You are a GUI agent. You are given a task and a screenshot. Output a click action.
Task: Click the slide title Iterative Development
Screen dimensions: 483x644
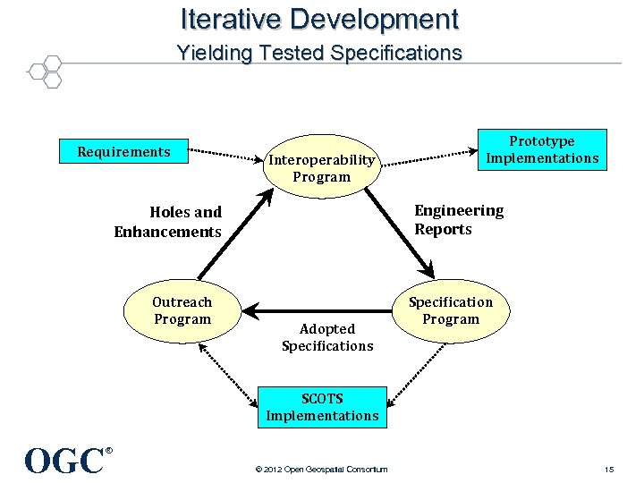pos(319,19)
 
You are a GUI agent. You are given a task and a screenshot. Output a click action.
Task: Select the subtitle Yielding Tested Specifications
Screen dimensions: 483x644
pos(319,53)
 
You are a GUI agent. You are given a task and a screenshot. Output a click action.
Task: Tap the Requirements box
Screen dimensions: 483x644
pos(123,152)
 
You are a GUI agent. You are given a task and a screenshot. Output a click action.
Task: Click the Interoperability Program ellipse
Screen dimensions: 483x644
pos(321,168)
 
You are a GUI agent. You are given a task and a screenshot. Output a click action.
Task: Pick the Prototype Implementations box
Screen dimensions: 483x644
pos(541,149)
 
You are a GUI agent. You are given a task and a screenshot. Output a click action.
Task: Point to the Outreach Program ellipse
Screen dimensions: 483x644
pos(182,311)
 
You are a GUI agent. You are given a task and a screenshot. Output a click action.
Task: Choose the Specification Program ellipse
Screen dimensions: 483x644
pos(450,311)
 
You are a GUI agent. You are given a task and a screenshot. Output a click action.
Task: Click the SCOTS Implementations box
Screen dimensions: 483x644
pos(322,407)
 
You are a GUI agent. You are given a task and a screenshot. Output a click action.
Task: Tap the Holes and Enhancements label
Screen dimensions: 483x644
pos(168,222)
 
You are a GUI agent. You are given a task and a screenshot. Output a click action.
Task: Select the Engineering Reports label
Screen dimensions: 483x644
pos(458,220)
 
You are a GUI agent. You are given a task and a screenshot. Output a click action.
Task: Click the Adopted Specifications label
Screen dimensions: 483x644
pos(326,337)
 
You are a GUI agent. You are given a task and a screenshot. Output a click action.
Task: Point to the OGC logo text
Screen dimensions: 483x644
pos(65,461)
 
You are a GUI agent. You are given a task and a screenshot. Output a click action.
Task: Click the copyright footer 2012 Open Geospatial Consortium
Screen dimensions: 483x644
pos(321,470)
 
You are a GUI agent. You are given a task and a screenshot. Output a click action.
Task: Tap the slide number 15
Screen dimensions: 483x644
pos(608,470)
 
